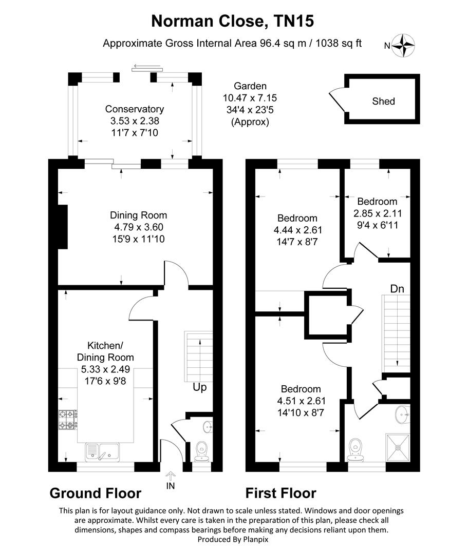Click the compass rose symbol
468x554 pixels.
pos(404,45)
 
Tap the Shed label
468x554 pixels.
pos(383,101)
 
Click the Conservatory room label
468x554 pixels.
pos(135,109)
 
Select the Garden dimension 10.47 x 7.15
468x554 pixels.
pos(250,97)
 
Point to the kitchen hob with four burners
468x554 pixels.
pos(67,419)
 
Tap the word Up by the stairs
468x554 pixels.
pos(199,387)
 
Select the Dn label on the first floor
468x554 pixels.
pos(397,289)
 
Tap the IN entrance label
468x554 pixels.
pos(171,484)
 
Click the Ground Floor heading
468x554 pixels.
pos(95,493)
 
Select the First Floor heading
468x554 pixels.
pos(280,493)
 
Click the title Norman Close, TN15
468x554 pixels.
pos(233,21)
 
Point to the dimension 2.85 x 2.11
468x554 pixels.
pos(377,213)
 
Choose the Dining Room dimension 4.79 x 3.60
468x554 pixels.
pos(138,227)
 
